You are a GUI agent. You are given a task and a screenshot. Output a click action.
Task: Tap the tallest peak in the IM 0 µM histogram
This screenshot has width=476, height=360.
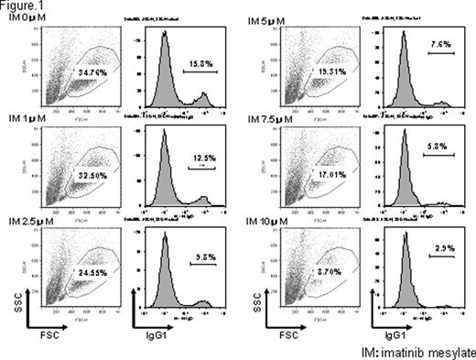click(x=165, y=35)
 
